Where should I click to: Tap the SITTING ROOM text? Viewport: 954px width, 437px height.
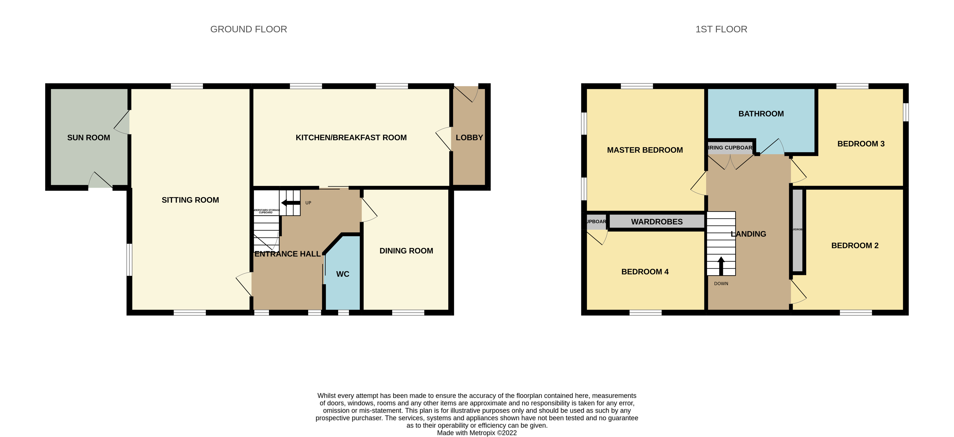[x=190, y=200]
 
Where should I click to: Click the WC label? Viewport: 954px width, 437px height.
[x=342, y=274]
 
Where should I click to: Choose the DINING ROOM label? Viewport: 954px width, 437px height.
[x=406, y=251]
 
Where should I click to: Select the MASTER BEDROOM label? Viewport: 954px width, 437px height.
[x=645, y=150]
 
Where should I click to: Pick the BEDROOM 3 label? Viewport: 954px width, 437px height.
[x=861, y=144]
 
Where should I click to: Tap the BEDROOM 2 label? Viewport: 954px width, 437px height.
[x=854, y=246]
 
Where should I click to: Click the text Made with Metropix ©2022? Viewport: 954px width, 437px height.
[x=477, y=433]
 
